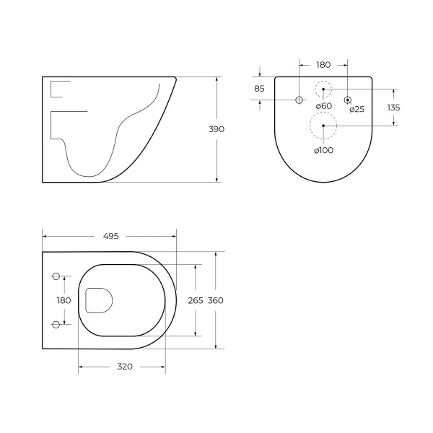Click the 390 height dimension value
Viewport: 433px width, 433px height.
pos(216,129)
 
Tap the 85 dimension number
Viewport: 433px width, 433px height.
pos(259,89)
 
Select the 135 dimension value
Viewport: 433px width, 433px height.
pos(393,108)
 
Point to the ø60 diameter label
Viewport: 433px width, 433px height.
pos(323,106)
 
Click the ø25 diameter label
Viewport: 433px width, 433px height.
pos(357,110)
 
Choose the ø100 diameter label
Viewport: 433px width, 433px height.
pos(323,150)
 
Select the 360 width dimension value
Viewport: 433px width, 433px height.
pos(215,300)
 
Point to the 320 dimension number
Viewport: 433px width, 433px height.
pos(124,367)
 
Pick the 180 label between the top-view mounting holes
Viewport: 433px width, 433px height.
pos(64,300)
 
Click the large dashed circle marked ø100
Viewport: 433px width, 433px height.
pos(323,126)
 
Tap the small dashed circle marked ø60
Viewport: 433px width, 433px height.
pos(323,89)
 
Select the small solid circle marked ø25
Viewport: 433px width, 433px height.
pos(348,100)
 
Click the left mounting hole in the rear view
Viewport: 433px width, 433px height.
pos(299,100)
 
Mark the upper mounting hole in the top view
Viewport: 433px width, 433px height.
pos(56,276)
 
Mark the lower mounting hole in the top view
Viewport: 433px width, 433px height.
pos(56,323)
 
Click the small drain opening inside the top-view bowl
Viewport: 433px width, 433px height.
pos(98,300)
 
